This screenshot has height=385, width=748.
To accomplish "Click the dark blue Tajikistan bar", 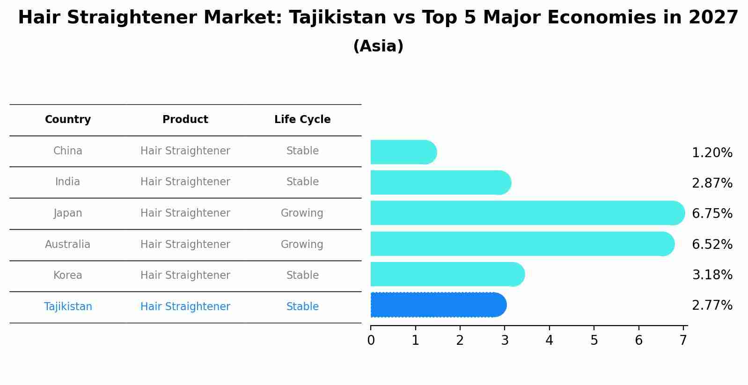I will coord(438,305).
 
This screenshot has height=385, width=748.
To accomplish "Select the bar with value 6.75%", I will coord(527,213).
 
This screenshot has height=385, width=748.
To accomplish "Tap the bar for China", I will coord(403,153).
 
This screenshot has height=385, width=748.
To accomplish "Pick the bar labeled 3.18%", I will coord(447,275).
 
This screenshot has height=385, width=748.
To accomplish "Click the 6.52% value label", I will coord(712,244).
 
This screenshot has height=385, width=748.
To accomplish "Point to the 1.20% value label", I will coord(712,153).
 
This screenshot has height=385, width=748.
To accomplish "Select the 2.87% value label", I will coord(712,183).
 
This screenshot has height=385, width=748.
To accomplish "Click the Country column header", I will coord(68,120).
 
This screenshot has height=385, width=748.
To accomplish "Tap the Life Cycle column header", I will coord(302,120).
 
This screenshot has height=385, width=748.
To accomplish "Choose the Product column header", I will coord(185,120).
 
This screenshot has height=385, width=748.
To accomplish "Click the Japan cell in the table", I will coord(68,213).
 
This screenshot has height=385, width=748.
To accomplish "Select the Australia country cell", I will coord(68,244).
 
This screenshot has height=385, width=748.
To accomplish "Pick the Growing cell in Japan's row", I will coord(302,213).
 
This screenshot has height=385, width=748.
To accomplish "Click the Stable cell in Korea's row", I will coord(302,275).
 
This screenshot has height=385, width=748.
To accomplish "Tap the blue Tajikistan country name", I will coord(68,306).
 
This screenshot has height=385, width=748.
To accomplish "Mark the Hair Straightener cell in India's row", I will coord(185,182).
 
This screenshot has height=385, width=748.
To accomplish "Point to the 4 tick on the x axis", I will coord(550,340).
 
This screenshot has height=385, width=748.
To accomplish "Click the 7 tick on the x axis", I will coord(683,340).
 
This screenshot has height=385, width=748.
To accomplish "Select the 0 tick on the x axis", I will coord(371,340).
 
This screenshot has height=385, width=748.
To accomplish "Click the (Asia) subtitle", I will coord(378,46).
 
